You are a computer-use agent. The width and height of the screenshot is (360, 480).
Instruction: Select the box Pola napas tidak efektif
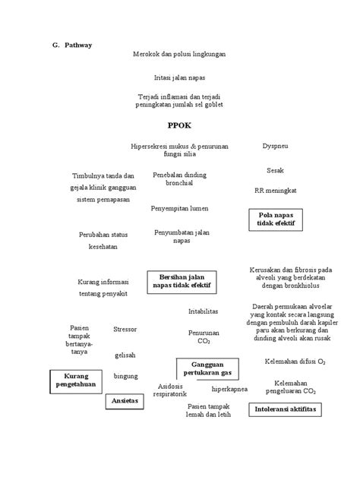[x=276, y=220]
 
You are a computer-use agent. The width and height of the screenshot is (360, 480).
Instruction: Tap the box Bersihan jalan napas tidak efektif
[x=182, y=281]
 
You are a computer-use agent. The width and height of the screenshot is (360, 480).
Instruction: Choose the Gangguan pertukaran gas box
[x=207, y=369]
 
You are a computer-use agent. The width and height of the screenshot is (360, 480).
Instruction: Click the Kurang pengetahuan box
[x=76, y=381]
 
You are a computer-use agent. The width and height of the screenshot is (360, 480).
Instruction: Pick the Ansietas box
[x=125, y=400]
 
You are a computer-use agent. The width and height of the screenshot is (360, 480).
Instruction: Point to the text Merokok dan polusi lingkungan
[x=179, y=55]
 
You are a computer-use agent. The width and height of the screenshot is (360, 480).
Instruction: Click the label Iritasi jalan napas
[x=179, y=78]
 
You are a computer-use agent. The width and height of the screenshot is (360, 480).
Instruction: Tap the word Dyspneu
[x=275, y=144]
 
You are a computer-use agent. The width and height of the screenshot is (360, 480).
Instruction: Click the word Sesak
[x=275, y=169]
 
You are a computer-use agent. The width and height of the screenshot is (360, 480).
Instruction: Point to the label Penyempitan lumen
[x=180, y=207]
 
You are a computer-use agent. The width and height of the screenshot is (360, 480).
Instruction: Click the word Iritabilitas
[x=204, y=311]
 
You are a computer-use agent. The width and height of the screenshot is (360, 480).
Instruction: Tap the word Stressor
[x=125, y=329]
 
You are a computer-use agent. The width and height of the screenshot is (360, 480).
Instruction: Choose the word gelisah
[x=125, y=355]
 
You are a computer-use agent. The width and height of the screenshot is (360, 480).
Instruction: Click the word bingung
[x=125, y=376]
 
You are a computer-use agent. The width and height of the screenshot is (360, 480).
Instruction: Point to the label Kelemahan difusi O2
[x=295, y=361]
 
